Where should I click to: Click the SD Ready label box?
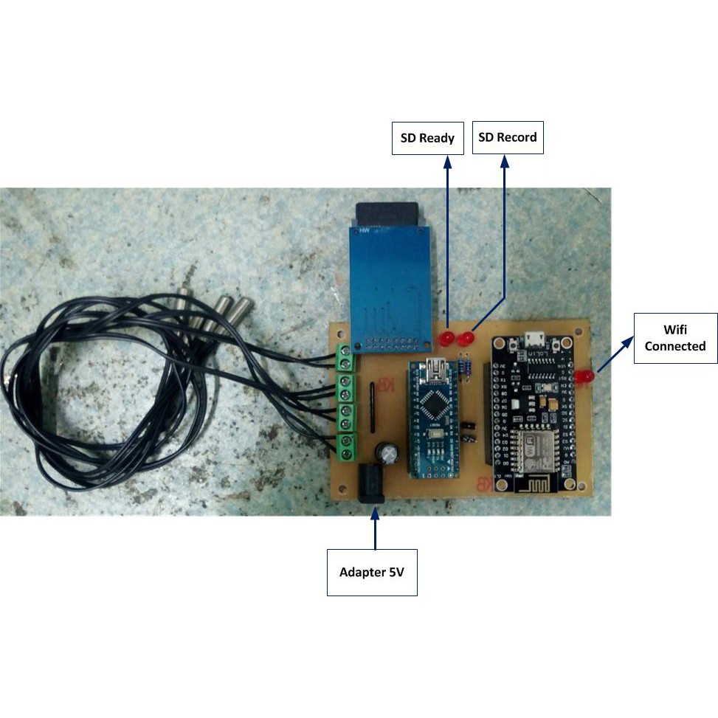point(427,138)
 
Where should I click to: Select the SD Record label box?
point(507,137)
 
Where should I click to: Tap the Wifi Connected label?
point(674,338)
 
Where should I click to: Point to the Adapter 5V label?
point(372,572)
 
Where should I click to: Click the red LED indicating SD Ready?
point(446,339)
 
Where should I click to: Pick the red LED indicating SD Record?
point(466,339)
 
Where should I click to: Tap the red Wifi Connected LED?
point(586,376)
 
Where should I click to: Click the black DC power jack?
point(371,483)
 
